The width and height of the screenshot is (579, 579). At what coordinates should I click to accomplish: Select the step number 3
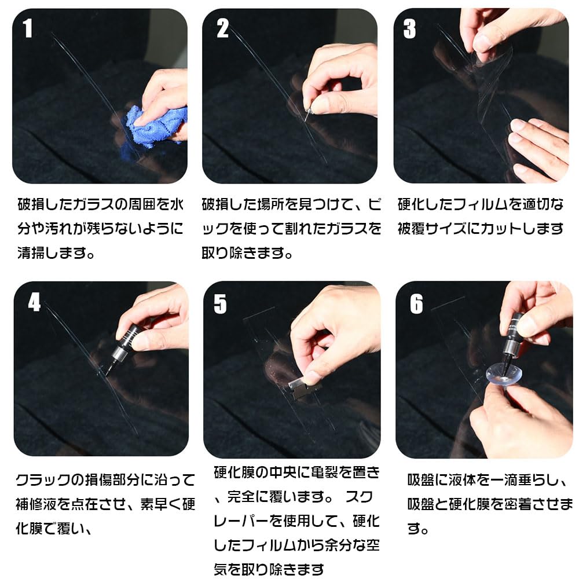click(409, 29)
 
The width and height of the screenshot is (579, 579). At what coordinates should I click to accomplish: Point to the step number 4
click(34, 302)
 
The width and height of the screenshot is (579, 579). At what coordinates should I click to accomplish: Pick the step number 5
click(220, 304)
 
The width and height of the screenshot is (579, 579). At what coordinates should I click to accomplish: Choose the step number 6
click(416, 304)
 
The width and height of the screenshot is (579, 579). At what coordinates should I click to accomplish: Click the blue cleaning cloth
click(155, 124)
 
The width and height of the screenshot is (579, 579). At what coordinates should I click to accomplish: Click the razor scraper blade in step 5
click(303, 390)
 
